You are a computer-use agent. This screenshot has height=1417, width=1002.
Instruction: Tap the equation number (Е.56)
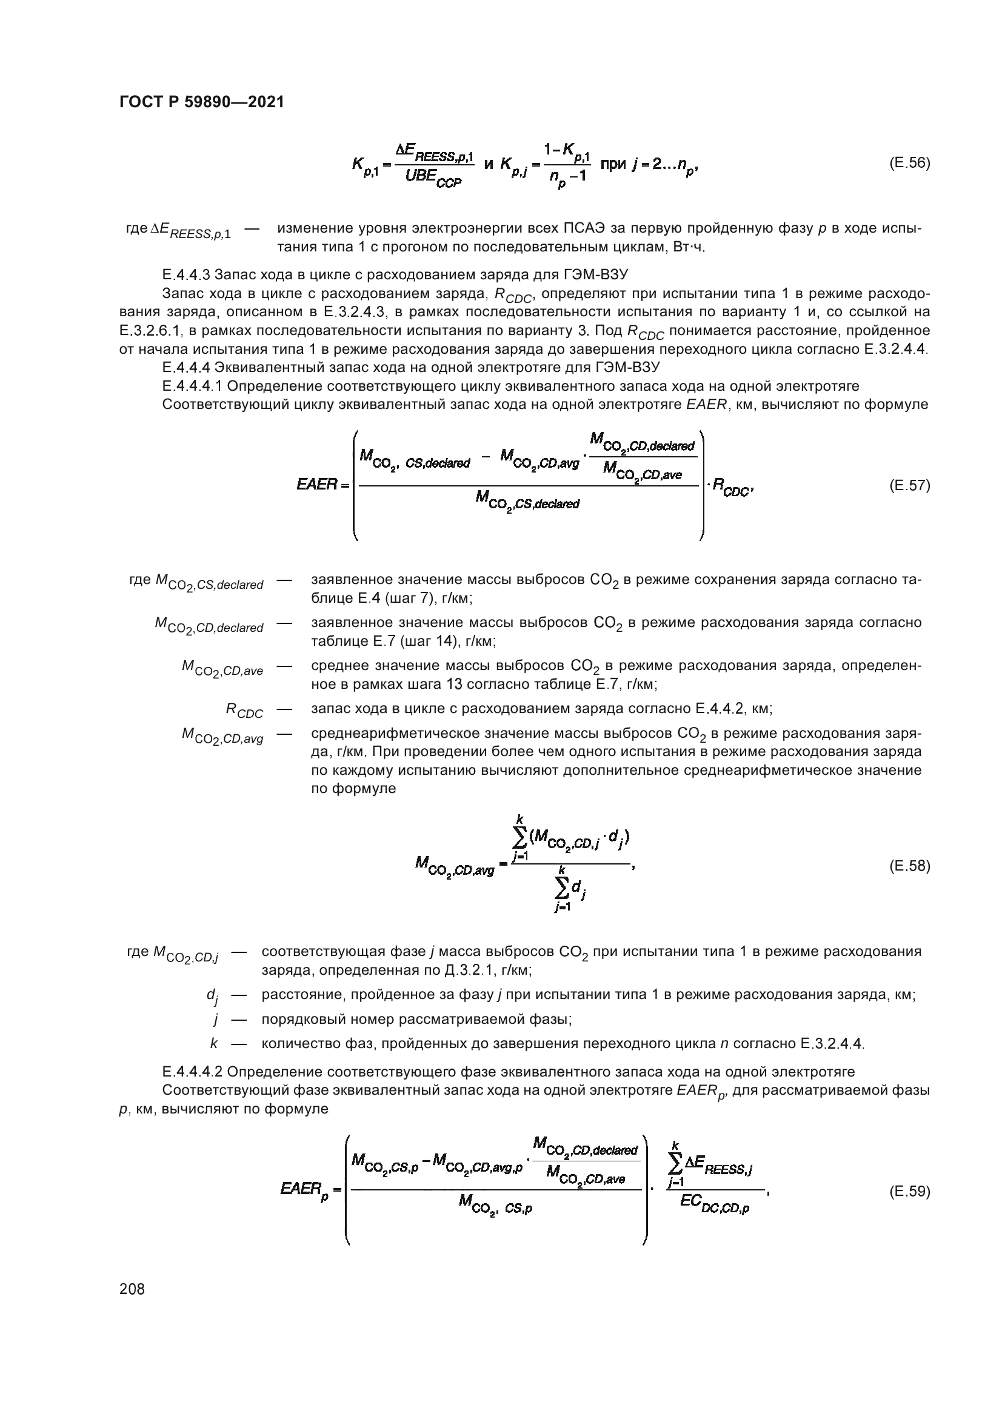point(909,164)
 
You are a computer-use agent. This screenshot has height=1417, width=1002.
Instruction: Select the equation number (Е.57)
point(909,486)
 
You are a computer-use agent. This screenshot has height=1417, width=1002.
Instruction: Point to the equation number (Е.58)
point(909,866)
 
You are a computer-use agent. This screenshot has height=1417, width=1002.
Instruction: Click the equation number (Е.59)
point(909,1192)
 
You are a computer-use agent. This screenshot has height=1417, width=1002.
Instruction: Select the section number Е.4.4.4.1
point(197,387)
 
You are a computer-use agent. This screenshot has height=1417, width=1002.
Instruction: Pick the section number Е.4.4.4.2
point(197,1072)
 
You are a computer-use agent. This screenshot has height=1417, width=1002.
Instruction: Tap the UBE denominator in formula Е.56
point(433,178)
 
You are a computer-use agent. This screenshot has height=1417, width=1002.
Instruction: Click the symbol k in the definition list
point(213,1044)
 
